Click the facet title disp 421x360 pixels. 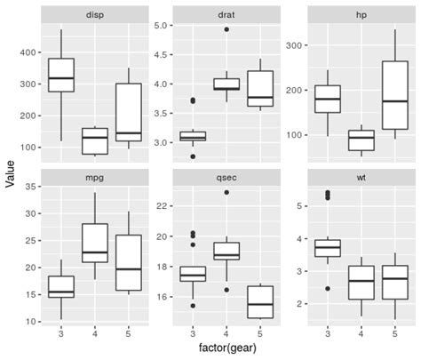pyautogui.click(x=93, y=15)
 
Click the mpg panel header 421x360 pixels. pyautogui.click(x=93, y=177)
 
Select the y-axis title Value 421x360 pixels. pyautogui.click(x=10, y=173)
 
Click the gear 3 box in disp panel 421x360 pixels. pyautogui.click(x=61, y=76)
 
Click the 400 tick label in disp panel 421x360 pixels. pyautogui.click(x=28, y=52)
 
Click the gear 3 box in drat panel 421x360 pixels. pyautogui.click(x=193, y=136)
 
